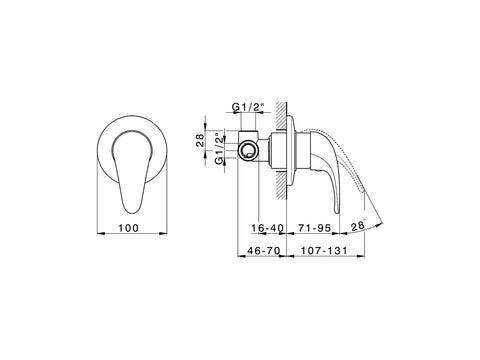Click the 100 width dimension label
tap(128, 228)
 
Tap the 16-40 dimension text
tap(267, 228)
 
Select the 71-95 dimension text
tap(315, 228)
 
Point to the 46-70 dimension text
tap(263, 250)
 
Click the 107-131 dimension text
tap(324, 250)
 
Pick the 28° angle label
tap(358, 226)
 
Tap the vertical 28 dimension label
tap(199, 141)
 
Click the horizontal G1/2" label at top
tap(248, 107)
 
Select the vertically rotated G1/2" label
tap(219, 149)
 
